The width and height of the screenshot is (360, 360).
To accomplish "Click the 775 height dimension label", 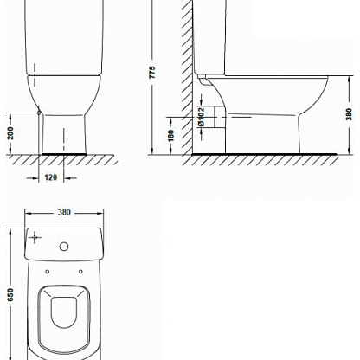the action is click(152, 73).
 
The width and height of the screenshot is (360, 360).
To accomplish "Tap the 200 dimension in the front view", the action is click(10, 133).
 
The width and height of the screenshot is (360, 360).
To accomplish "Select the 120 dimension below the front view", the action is click(51, 177).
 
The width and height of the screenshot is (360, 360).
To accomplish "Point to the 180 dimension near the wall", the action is click(170, 136).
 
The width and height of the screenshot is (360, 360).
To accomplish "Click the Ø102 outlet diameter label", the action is click(201, 117).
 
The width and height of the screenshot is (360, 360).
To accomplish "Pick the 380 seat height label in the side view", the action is click(349, 114).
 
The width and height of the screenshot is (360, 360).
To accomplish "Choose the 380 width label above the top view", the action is click(64, 212).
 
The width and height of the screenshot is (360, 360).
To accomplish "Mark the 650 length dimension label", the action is click(10, 294).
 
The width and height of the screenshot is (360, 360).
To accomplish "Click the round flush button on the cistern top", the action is click(64, 247).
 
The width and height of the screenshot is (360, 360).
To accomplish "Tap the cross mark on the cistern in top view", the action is click(35, 237).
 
